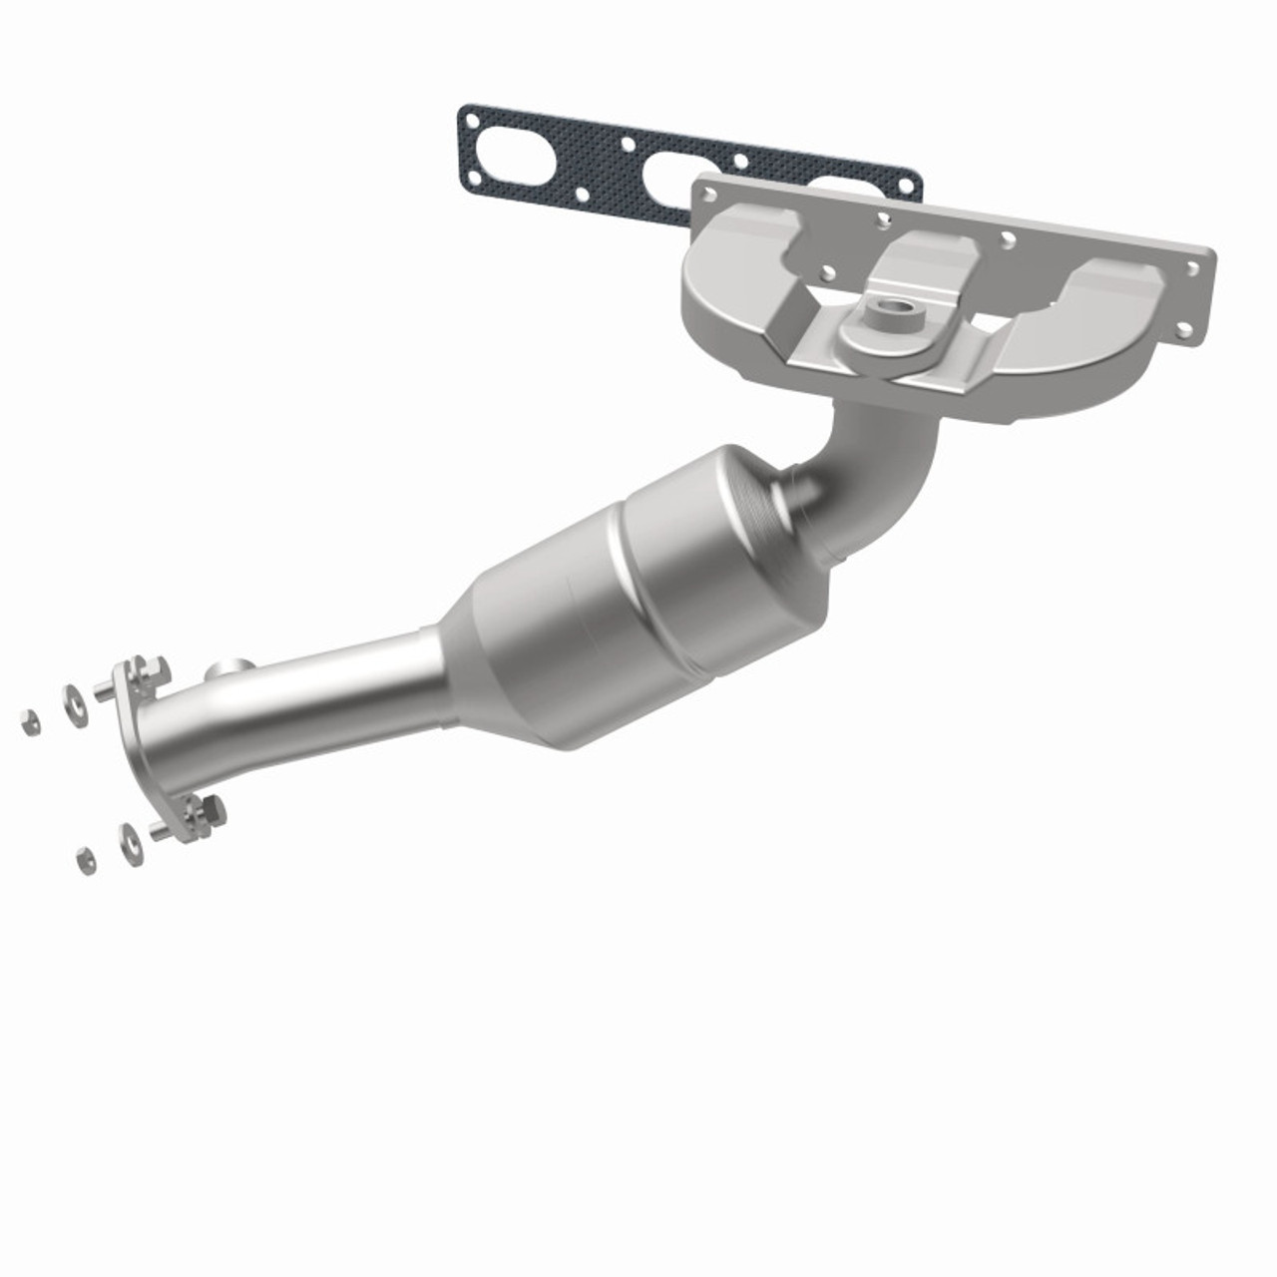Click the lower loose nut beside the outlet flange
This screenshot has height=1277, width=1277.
(x=87, y=859)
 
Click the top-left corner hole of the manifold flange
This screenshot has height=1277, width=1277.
(x=706, y=188)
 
